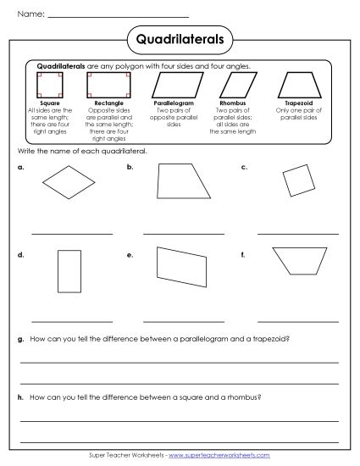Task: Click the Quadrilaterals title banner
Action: [179, 38]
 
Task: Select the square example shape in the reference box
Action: [50, 84]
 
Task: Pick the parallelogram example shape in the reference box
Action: [174, 84]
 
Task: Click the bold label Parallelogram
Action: [174, 103]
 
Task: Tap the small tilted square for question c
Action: [296, 180]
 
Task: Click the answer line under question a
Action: [71, 232]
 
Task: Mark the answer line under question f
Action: [297, 320]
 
